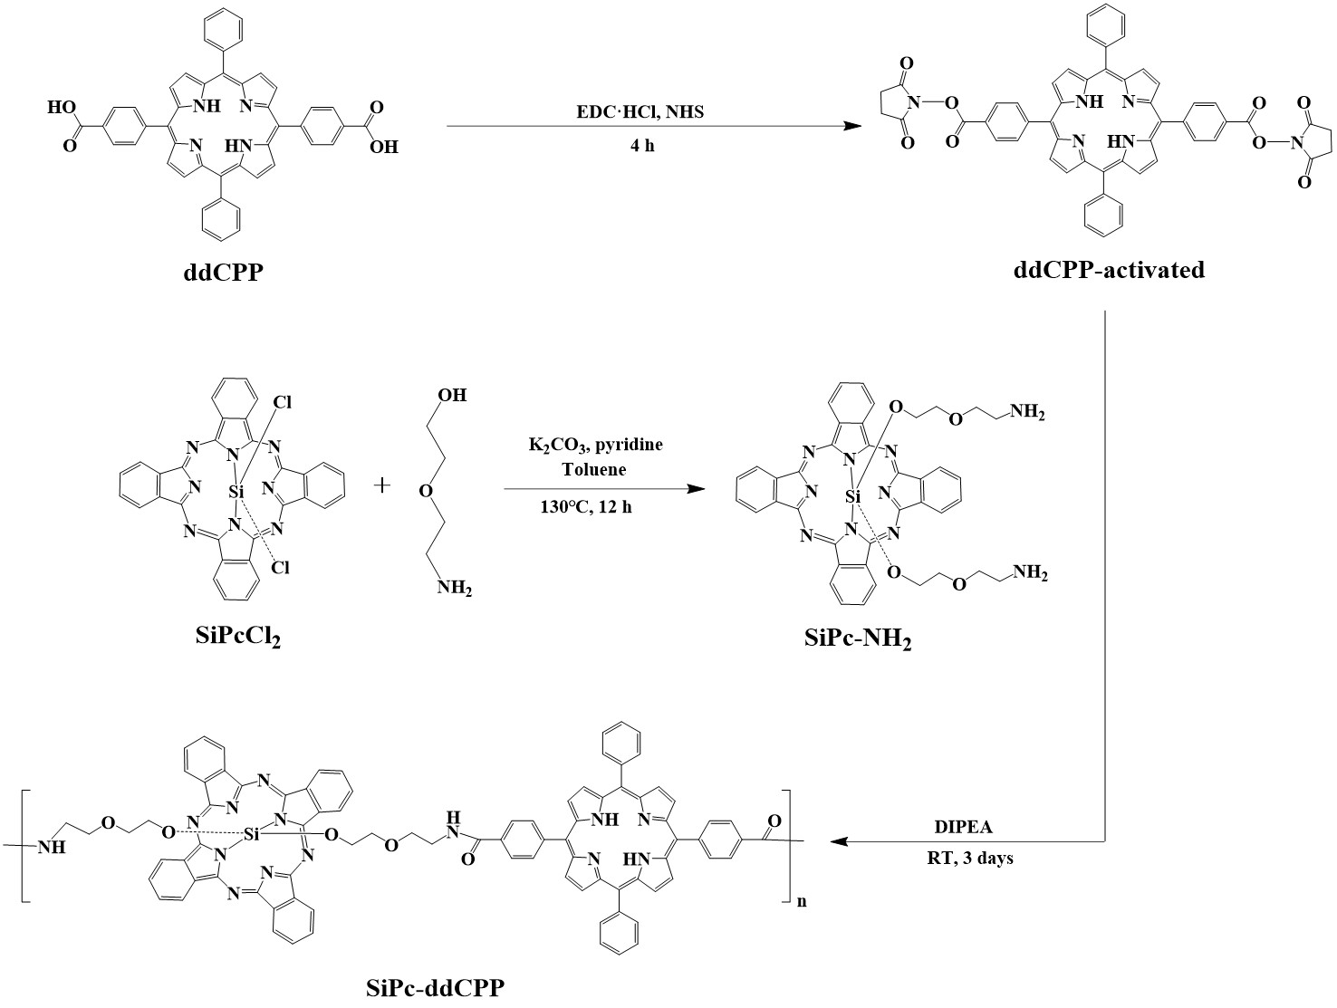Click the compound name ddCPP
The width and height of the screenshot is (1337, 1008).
[221, 271]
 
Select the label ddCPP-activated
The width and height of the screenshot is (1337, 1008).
[1109, 269]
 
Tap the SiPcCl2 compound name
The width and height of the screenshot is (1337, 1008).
[237, 637]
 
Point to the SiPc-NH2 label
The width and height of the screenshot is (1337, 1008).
[857, 640]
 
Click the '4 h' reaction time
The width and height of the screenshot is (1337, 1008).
[641, 145]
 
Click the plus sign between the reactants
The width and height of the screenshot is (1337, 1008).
[382, 485]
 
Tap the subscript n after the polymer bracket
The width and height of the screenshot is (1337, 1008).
[802, 903]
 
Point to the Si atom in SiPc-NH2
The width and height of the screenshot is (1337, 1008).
[852, 495]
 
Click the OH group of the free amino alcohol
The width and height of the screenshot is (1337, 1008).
[450, 396]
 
